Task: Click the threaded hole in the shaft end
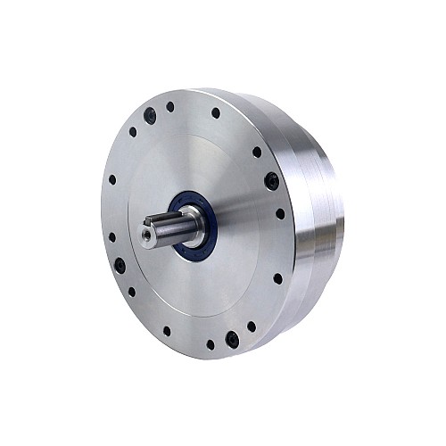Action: [x=146, y=235]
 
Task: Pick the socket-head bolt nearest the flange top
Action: [x=150, y=115]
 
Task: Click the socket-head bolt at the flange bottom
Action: [x=232, y=339]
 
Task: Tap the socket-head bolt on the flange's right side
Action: [x=271, y=181]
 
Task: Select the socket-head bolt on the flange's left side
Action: [x=119, y=264]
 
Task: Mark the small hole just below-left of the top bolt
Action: [x=133, y=132]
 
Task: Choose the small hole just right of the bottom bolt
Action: [x=251, y=326]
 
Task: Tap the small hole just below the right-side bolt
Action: [x=280, y=214]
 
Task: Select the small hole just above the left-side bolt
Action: [x=111, y=237]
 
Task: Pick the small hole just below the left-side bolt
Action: [x=132, y=291]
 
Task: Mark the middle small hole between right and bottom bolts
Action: [x=277, y=278]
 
